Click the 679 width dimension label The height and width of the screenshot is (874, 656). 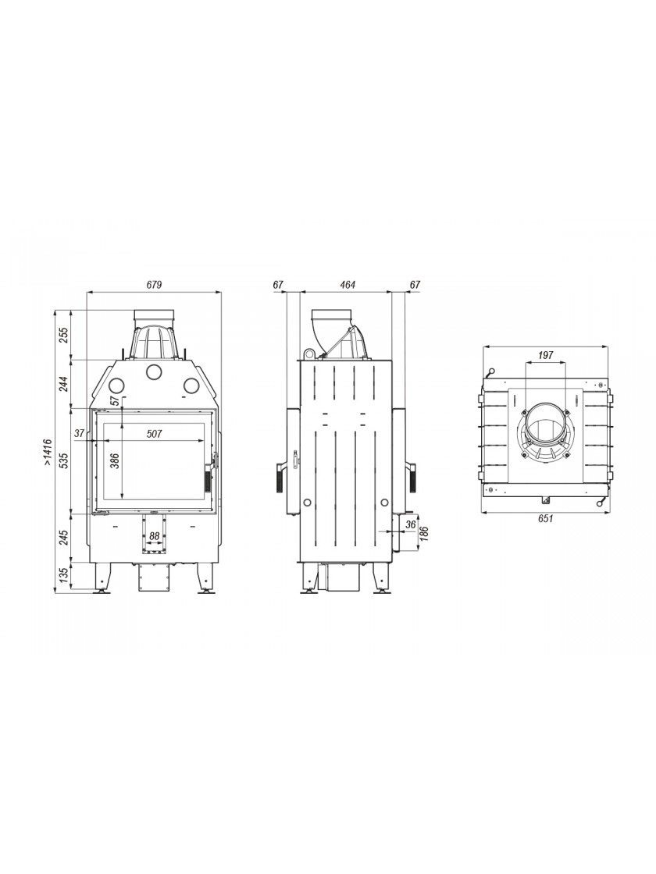point(154,285)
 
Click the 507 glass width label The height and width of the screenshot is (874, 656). point(155,434)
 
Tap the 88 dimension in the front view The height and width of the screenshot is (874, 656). point(155,536)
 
